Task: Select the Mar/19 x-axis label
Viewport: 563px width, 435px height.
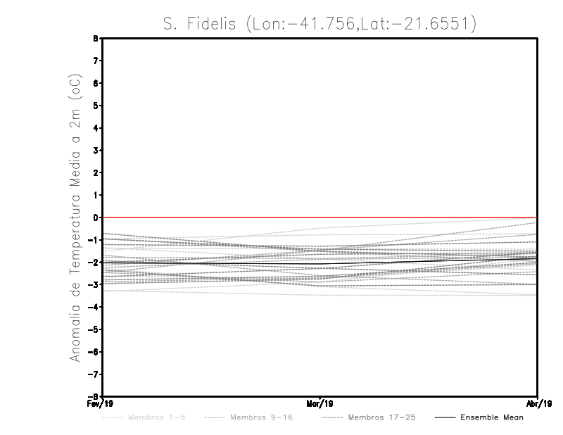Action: point(320,404)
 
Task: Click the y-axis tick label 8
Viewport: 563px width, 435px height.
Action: point(95,39)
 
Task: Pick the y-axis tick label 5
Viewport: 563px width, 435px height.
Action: point(95,106)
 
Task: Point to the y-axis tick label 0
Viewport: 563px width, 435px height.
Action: point(95,217)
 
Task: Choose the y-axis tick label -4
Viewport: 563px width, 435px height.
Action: point(94,307)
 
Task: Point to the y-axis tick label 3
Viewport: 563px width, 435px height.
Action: point(95,151)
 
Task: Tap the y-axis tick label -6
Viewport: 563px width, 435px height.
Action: point(94,352)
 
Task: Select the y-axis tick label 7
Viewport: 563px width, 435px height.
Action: point(95,61)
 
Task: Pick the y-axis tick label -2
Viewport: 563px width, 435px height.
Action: point(94,263)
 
